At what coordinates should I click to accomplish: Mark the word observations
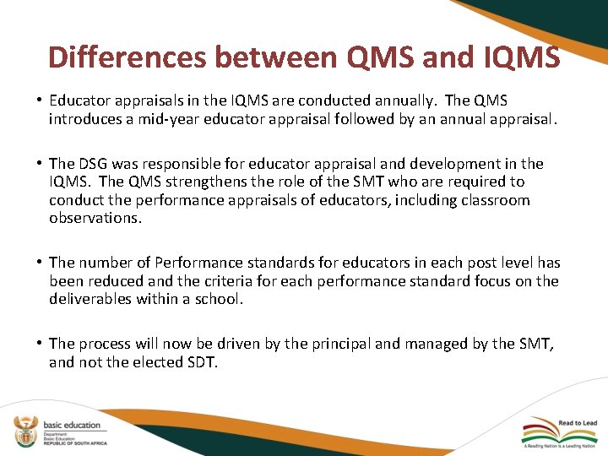94,219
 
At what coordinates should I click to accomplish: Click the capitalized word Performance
196,263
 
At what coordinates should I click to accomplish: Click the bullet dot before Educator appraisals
40,100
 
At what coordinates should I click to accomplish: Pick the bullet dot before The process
40,344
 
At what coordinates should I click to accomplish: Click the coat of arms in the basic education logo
24,432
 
